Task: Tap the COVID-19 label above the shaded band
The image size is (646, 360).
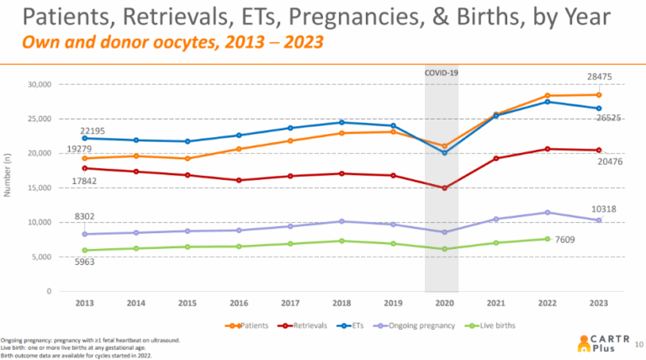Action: (x=442, y=73)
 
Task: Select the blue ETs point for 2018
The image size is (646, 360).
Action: (x=342, y=122)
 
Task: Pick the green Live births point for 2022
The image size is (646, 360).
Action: (x=547, y=239)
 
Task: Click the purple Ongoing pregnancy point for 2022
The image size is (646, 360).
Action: (x=547, y=212)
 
